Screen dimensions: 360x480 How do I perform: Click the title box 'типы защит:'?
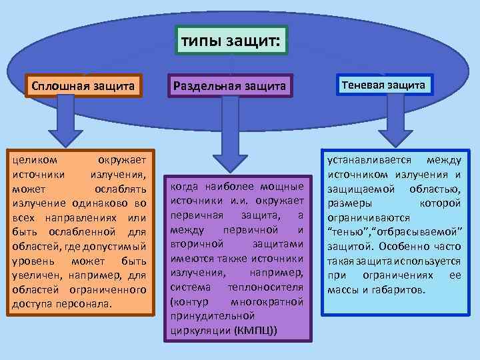pos(231,42)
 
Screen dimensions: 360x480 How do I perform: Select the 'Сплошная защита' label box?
pos(83,85)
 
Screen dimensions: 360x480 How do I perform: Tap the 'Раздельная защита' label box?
pos(229,86)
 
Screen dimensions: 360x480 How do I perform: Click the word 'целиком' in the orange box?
pos(34,161)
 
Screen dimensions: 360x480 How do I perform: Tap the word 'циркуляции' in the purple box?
pos(201,330)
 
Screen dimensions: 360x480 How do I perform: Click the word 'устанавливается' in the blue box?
pos(366,160)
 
